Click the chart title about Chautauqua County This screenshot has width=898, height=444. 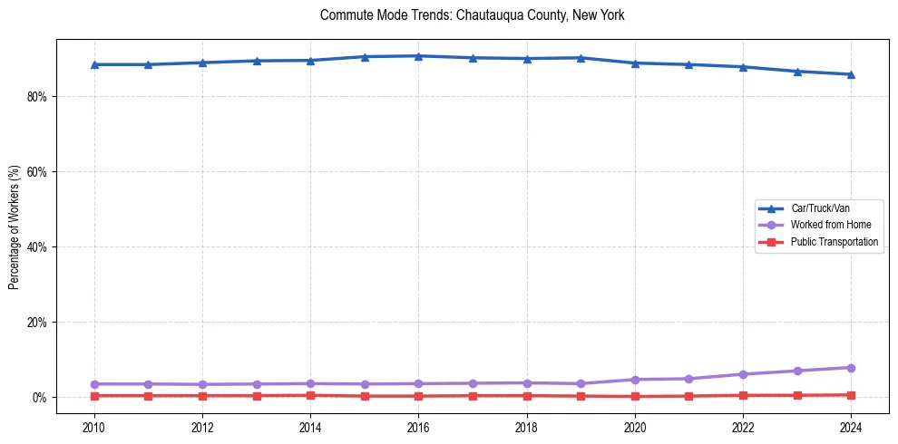pyautogui.click(x=472, y=15)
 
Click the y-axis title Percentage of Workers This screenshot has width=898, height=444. pyautogui.click(x=14, y=227)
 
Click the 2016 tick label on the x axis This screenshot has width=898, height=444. pyautogui.click(x=418, y=427)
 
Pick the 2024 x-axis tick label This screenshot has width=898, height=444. pyautogui.click(x=851, y=427)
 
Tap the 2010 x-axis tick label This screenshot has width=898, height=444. pyautogui.click(x=94, y=427)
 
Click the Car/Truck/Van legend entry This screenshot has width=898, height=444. pyautogui.click(x=820, y=208)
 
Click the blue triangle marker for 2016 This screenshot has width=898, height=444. pyautogui.click(x=418, y=56)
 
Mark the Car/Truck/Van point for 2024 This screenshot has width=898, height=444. pyautogui.click(x=851, y=74)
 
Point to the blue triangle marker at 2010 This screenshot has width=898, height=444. pyautogui.click(x=94, y=64)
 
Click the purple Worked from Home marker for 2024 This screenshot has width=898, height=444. pyautogui.click(x=851, y=368)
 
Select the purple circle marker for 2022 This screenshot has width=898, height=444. pyautogui.click(x=743, y=374)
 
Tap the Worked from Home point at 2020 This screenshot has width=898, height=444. pyautogui.click(x=635, y=380)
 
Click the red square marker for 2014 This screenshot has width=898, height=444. pyautogui.click(x=310, y=395)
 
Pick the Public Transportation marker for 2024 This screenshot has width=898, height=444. pyautogui.click(x=851, y=395)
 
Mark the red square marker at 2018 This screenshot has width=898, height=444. pyautogui.click(x=527, y=396)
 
